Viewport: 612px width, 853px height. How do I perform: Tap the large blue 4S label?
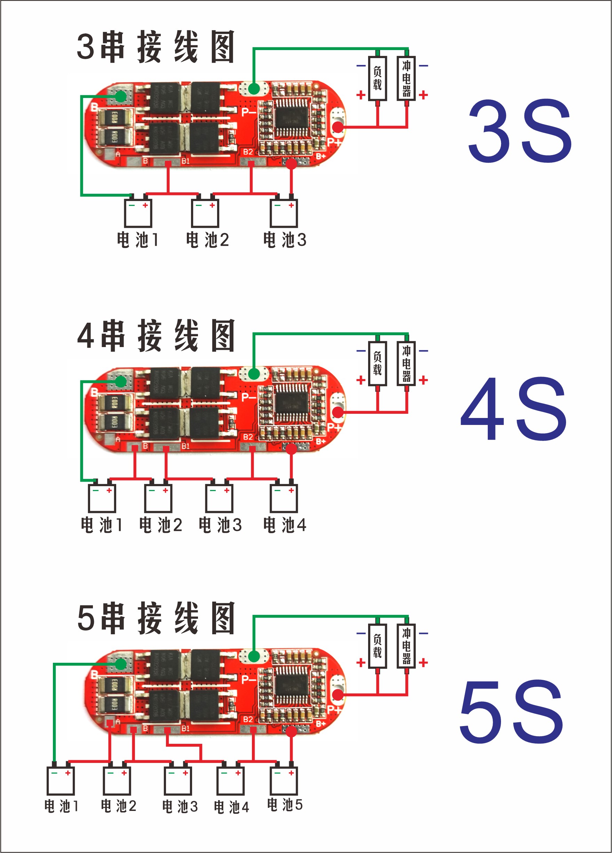tap(514, 409)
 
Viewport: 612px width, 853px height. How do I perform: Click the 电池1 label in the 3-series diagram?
tap(138, 240)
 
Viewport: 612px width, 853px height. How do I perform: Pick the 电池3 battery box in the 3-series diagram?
tap(284, 213)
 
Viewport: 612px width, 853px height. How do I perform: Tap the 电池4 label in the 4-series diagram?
tap(285, 525)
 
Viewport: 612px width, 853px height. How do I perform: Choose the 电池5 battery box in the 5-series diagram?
tap(284, 780)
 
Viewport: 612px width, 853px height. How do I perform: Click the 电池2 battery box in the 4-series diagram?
tap(158, 498)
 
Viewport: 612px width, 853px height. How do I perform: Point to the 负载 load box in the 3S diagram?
tap(377, 78)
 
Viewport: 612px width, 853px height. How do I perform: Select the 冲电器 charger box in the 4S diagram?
tap(406, 363)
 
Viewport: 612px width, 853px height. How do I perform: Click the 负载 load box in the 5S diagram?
tap(377, 646)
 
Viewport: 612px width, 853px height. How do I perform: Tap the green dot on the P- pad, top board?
tap(254, 89)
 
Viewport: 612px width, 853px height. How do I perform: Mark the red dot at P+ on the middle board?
tap(338, 412)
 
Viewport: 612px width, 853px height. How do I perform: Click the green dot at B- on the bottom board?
tap(121, 664)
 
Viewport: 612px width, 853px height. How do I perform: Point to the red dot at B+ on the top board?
tap(291, 163)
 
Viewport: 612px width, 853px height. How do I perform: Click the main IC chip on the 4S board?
tap(290, 403)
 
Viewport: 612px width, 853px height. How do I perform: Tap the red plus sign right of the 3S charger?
tap(423, 95)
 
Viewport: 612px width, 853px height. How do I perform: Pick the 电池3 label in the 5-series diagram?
tap(180, 806)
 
